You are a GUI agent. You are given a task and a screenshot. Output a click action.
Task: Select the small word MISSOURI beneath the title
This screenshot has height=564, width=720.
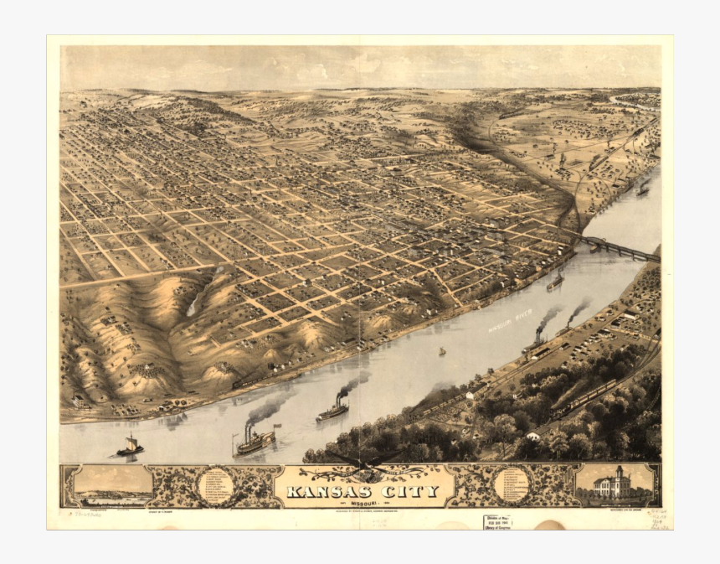(368, 502)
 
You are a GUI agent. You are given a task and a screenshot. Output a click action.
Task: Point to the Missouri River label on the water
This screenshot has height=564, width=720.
(512, 318)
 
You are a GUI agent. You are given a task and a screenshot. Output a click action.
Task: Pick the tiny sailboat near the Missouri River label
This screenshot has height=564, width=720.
(442, 351)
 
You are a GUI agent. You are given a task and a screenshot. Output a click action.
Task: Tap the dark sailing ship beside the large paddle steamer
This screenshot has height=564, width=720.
(130, 447)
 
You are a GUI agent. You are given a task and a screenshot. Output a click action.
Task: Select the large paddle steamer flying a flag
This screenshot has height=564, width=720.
(255, 440)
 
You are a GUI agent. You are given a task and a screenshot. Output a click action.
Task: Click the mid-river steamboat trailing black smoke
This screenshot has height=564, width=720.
(332, 411)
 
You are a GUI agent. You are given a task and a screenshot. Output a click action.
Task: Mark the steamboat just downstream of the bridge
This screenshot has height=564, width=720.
(555, 282)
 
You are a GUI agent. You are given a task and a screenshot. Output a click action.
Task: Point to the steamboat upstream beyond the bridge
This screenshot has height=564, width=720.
(642, 189)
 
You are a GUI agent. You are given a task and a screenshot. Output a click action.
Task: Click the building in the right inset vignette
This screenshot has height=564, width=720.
(613, 485)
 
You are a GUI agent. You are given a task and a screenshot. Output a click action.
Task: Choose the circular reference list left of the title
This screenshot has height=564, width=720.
(216, 486)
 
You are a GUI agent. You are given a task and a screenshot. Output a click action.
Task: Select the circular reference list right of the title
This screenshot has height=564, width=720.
(512, 486)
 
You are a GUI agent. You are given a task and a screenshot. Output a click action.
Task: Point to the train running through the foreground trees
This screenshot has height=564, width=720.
(586, 398)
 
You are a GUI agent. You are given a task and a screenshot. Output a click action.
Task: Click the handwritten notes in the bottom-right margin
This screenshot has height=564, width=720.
(659, 519)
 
